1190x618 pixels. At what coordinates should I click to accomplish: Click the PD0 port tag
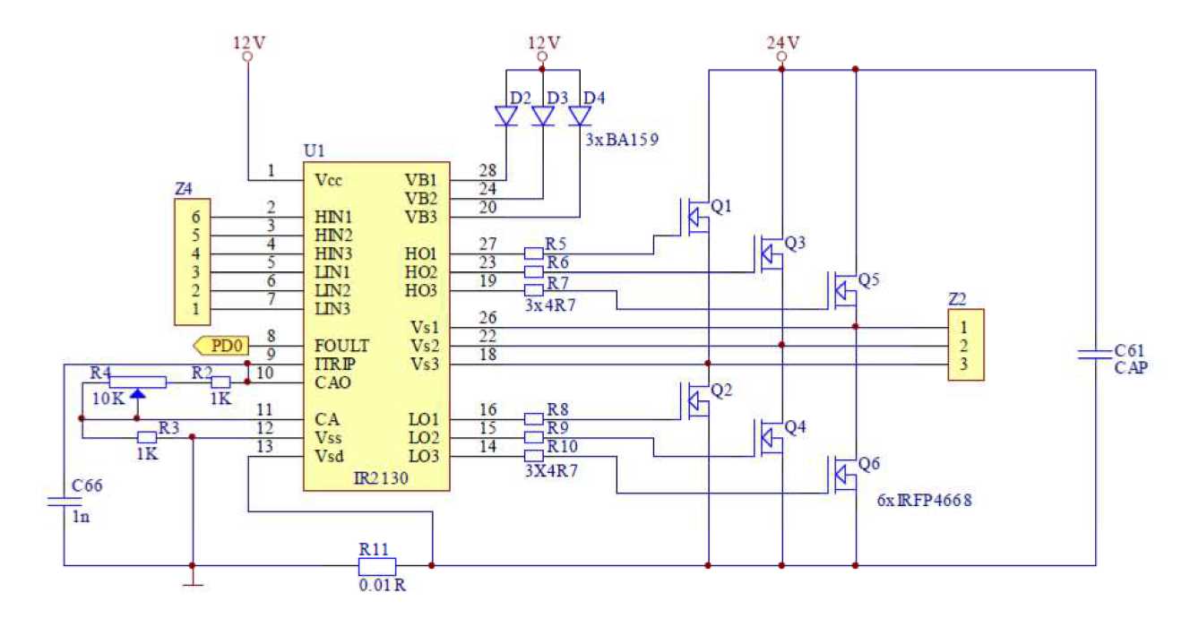[x=220, y=345]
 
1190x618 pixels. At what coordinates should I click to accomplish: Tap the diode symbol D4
[x=580, y=116]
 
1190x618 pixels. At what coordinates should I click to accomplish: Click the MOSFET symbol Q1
[x=694, y=218]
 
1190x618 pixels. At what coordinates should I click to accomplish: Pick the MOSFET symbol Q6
[x=843, y=474]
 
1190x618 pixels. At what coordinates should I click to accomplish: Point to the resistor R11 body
[x=376, y=566]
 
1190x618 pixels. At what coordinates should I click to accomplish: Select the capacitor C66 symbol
[x=64, y=501]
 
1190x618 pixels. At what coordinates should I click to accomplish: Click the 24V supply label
[x=782, y=42]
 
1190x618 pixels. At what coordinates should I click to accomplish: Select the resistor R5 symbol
[x=533, y=253]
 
